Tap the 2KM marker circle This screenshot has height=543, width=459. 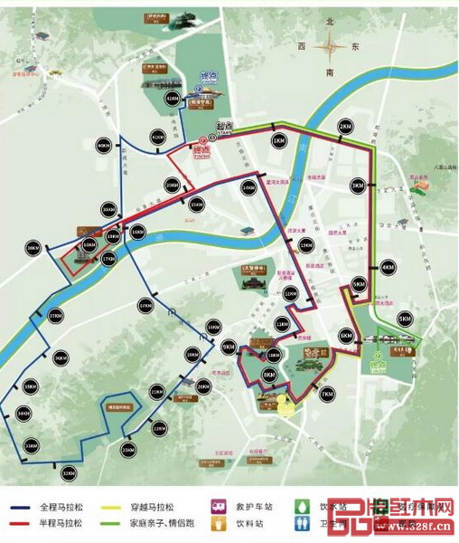344,125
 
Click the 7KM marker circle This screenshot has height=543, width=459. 327,393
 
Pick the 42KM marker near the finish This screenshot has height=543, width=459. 172,98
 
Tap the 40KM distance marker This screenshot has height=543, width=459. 103,145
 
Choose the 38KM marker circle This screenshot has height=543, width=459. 34,247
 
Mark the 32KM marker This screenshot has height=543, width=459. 69,472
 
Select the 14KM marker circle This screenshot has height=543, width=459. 248,186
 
